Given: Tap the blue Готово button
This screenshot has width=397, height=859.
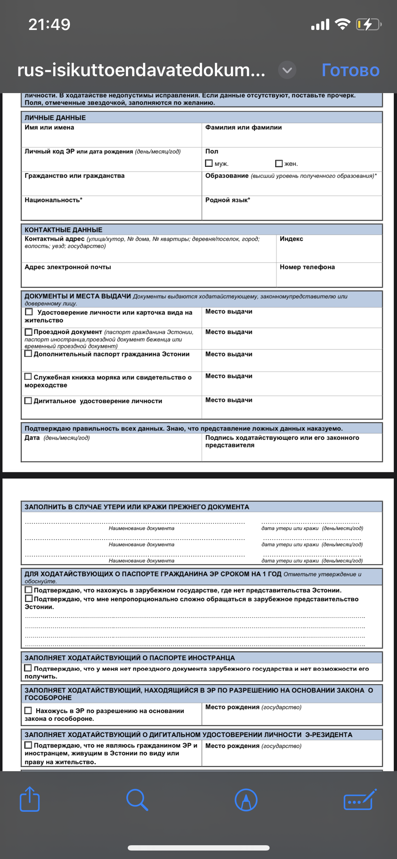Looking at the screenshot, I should click(350, 70).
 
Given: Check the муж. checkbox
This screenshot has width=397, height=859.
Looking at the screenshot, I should click(209, 163).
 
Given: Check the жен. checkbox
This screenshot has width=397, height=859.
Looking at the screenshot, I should click(279, 163).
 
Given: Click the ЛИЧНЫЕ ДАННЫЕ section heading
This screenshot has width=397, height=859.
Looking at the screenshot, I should click(55, 118).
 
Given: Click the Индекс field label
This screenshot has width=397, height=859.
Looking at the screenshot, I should click(291, 239).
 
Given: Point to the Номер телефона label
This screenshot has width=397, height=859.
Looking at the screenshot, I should click(307, 267).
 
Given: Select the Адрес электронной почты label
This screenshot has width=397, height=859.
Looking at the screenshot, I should click(68, 267).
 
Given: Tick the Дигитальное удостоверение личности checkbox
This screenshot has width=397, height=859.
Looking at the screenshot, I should click(28, 401).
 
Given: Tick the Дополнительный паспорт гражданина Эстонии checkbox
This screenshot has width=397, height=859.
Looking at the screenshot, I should click(28, 354).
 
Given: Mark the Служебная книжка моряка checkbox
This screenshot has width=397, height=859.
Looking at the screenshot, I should click(28, 377).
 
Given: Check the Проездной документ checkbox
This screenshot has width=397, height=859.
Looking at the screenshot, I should click(28, 332).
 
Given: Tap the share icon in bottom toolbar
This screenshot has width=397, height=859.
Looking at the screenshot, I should click(30, 799).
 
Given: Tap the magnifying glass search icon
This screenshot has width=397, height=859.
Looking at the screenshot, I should click(137, 799).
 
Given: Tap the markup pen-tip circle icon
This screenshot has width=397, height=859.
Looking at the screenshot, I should click(246, 799).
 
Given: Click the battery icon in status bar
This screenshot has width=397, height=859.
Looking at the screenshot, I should click(368, 24).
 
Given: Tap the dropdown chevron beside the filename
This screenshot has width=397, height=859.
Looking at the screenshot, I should click(287, 70).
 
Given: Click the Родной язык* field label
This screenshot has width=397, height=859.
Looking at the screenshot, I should click(228, 200).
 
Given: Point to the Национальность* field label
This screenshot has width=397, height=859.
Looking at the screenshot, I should click(53, 200).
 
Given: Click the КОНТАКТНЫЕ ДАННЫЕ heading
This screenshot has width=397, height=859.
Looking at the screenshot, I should click(64, 230).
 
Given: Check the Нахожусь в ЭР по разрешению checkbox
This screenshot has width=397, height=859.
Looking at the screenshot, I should click(28, 711).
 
